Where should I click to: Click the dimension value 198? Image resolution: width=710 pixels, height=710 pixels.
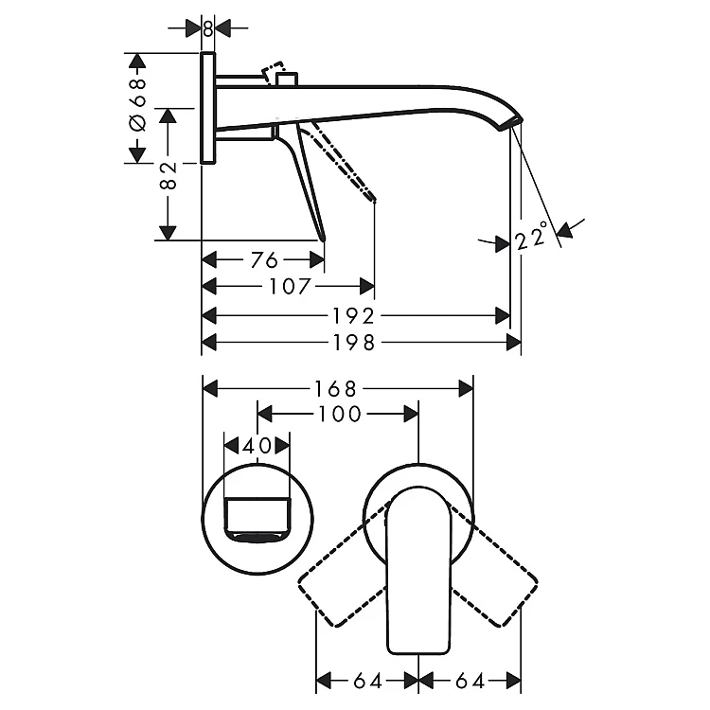point(354,343)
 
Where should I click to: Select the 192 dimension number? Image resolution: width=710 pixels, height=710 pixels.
point(354,316)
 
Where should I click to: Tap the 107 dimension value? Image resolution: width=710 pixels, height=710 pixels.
point(291,286)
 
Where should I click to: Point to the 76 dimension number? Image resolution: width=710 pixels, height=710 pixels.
point(264,260)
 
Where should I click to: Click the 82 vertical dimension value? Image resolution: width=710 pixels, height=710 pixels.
point(168,175)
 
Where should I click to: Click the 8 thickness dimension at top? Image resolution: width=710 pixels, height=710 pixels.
point(208,28)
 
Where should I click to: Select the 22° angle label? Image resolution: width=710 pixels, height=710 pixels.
point(532,236)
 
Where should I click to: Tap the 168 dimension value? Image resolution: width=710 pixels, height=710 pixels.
point(335,388)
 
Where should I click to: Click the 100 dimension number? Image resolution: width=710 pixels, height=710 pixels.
point(340,414)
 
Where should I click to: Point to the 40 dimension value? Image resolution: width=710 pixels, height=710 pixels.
point(257,446)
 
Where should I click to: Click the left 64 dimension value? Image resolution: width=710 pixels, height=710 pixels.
point(367,681)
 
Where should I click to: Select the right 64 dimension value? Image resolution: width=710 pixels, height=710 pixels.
point(470,681)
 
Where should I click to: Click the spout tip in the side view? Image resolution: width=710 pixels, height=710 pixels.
point(511,124)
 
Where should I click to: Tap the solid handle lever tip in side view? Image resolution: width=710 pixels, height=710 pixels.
point(323,238)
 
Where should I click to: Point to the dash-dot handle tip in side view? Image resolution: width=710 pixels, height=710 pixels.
point(372,198)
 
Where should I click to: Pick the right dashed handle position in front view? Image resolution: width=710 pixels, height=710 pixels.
point(493,564)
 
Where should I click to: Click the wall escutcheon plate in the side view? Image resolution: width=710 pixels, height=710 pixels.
point(208,108)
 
